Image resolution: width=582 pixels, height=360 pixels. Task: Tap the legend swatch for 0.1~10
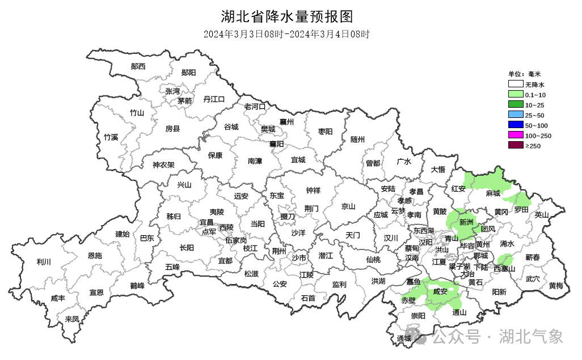click(515, 94)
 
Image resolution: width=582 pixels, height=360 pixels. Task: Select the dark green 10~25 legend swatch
click(515, 104)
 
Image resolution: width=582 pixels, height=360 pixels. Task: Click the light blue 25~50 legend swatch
click(515, 115)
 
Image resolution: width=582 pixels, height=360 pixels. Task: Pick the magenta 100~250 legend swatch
click(515, 135)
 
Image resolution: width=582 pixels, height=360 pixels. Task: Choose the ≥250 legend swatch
click(515, 146)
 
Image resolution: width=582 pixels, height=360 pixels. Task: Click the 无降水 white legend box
click(515, 84)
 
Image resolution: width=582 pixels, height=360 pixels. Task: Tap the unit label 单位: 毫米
click(525, 74)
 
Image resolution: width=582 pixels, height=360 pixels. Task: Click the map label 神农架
click(163, 166)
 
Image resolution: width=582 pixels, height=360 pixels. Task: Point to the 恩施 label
click(95, 256)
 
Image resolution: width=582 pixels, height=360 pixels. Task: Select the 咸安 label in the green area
click(440, 292)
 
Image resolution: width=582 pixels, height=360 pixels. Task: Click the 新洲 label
click(466, 222)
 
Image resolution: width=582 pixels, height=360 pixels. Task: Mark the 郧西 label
click(138, 66)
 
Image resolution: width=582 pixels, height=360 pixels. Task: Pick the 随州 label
click(357, 139)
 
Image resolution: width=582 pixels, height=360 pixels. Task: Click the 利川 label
click(44, 262)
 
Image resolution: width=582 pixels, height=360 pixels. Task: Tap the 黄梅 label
click(556, 286)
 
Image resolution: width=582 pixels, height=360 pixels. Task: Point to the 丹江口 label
click(214, 99)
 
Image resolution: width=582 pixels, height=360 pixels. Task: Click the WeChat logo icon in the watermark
click(421, 337)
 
